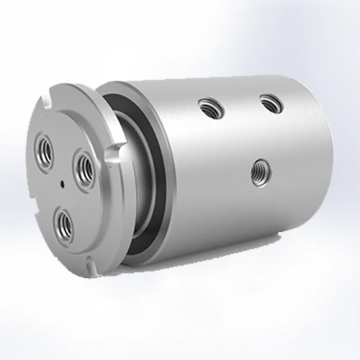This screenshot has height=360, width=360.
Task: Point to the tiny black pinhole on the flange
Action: (x=61, y=184)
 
